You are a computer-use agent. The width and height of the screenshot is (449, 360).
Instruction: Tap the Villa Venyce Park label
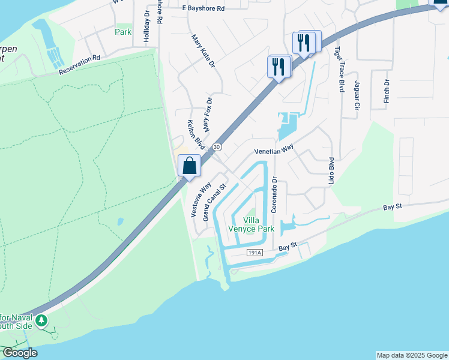pos(251,224)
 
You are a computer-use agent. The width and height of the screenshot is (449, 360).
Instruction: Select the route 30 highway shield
pos(217,146)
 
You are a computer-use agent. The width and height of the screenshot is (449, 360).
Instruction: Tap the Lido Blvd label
pos(331,172)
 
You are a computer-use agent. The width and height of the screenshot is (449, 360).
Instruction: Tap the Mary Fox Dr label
pos(208,115)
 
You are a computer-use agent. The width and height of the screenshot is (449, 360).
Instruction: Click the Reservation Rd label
pos(79,65)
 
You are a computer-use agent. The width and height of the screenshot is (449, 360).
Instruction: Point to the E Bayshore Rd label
pos(203,9)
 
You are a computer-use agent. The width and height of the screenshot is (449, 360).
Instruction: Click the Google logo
pos(20,353)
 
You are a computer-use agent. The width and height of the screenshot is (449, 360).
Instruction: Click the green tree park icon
pos(41,321)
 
